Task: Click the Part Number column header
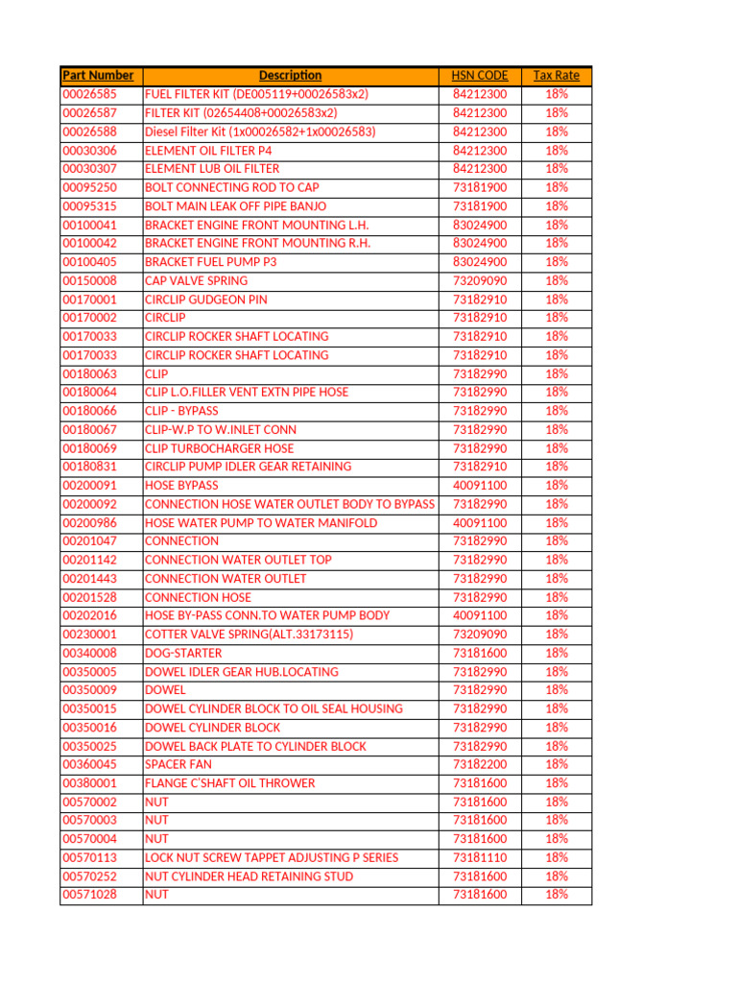point(98,76)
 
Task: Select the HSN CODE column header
point(480,76)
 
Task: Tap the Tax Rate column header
point(557,76)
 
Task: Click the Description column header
point(290,76)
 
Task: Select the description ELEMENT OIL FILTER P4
point(208,151)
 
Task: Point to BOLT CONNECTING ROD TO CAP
point(232,188)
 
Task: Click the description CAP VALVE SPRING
point(196,281)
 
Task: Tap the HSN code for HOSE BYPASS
point(480,486)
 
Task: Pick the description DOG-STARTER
point(183,653)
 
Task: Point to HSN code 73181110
point(480,858)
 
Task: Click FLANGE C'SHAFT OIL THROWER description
point(229,783)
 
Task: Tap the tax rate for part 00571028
point(557,895)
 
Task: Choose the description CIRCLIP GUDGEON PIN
point(206,300)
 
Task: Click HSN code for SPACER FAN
point(480,765)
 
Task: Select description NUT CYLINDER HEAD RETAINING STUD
point(249,876)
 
